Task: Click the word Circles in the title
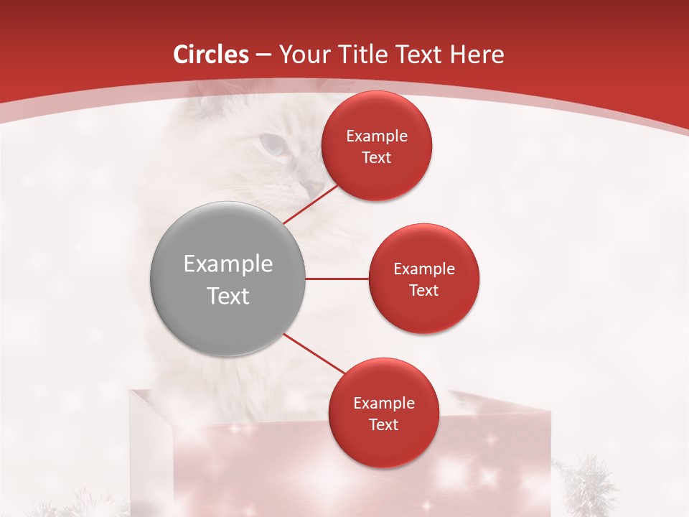(x=212, y=55)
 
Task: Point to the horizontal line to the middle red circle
(x=337, y=279)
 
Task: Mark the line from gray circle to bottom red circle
(x=314, y=353)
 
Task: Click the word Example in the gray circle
(x=228, y=264)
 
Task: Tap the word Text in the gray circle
(x=228, y=296)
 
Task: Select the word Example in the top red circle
(x=377, y=136)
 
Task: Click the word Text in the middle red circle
(x=424, y=291)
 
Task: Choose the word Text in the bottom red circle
(x=384, y=425)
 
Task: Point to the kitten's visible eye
(x=273, y=146)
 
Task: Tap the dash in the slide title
(x=263, y=55)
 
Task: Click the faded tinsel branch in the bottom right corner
(x=589, y=488)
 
